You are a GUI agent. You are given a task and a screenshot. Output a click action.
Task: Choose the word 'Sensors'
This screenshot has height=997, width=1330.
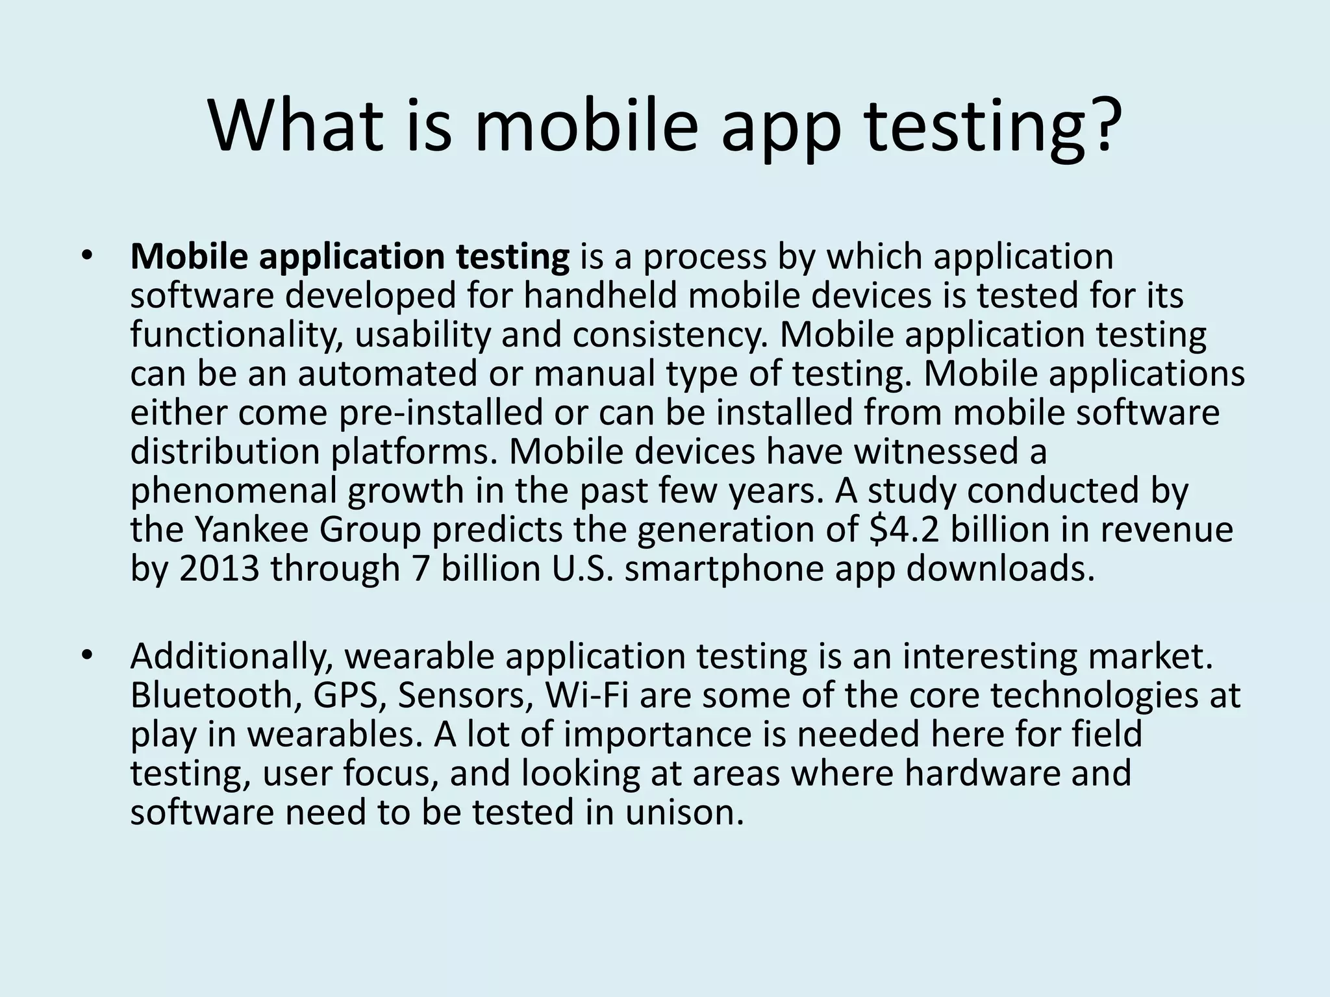pos(466,696)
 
